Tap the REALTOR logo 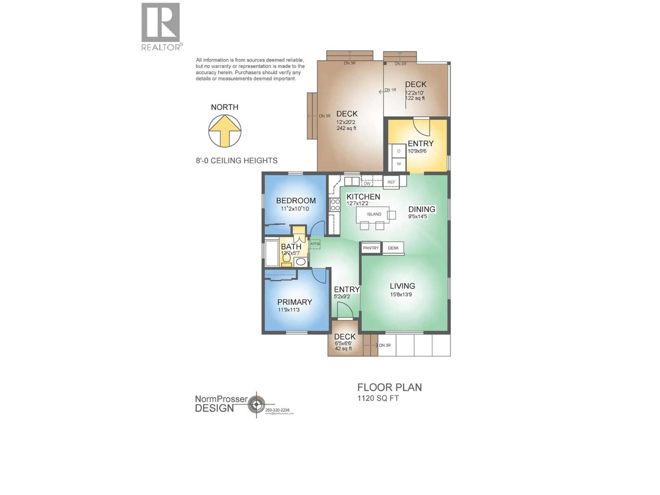point(161,26)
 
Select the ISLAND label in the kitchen point(374,214)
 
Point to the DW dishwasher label point(367,184)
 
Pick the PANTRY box point(371,248)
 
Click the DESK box point(393,248)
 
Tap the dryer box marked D point(399,151)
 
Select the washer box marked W point(399,164)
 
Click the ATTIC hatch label point(315,244)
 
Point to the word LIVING point(402,286)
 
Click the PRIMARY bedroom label point(294,302)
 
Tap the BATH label point(291,247)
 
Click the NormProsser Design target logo point(256,404)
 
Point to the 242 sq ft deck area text point(346,128)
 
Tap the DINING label point(422,209)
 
